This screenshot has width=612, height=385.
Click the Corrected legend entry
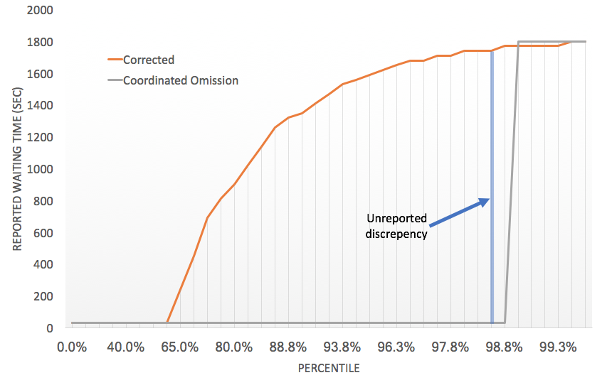(x=148, y=60)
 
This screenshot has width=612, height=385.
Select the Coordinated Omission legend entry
(x=180, y=80)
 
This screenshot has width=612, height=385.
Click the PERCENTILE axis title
(x=328, y=369)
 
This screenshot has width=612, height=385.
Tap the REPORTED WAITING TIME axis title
(x=17, y=169)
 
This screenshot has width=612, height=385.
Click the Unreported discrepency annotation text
(x=397, y=226)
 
